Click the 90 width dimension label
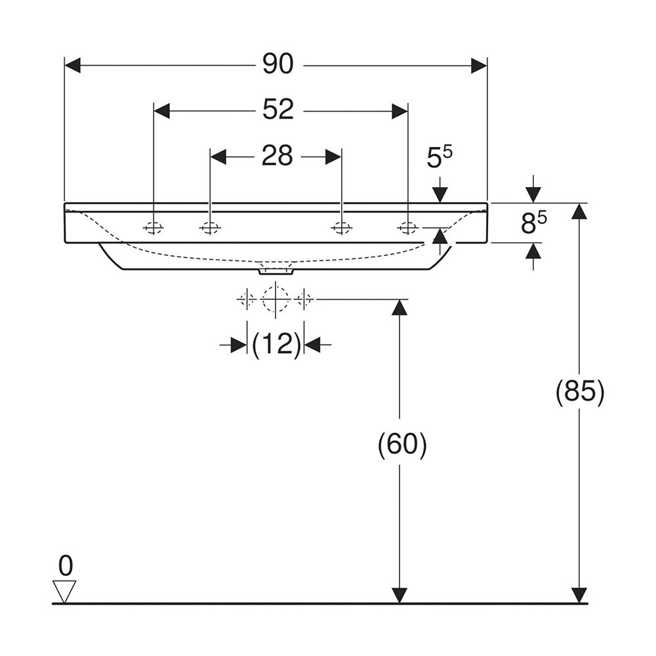(x=277, y=64)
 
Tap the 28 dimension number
(x=277, y=155)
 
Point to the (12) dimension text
(x=276, y=344)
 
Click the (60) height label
(x=402, y=444)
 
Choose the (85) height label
(x=580, y=392)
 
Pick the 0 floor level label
(x=66, y=565)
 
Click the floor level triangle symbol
(x=64, y=591)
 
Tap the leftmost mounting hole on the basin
(x=153, y=228)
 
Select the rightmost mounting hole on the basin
(x=407, y=228)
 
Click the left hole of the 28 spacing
(x=210, y=228)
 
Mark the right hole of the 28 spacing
(x=341, y=228)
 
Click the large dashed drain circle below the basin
(x=276, y=299)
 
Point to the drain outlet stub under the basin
(x=276, y=271)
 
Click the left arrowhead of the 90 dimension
(x=72, y=65)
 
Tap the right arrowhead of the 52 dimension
(x=400, y=112)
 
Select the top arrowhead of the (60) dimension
(x=400, y=308)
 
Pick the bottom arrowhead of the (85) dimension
(x=579, y=596)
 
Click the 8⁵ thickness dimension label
(x=534, y=222)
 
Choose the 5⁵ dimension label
(x=440, y=157)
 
